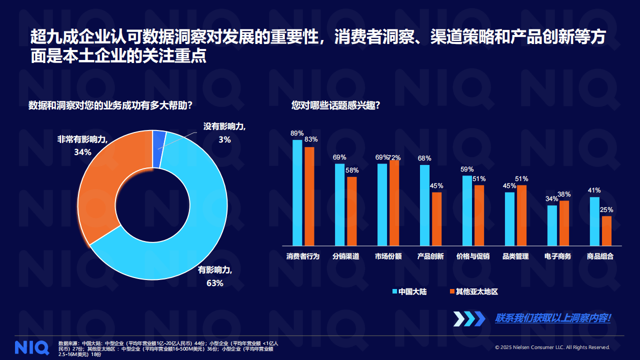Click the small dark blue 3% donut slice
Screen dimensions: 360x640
(159, 148)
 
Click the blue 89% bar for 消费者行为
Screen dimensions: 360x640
(297, 192)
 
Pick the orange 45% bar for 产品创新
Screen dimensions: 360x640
(436, 218)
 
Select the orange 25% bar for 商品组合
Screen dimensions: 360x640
(606, 230)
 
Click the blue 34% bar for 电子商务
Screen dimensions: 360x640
(552, 225)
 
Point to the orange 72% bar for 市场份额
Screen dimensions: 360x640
(394, 202)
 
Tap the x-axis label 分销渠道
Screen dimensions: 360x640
(345, 256)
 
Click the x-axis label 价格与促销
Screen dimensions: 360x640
(472, 256)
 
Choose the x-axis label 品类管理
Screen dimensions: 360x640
(515, 256)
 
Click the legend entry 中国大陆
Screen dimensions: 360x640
(409, 291)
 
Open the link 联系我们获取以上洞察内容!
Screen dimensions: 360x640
(552, 318)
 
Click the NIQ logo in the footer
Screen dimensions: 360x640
(32, 347)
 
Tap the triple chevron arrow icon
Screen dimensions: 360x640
(469, 318)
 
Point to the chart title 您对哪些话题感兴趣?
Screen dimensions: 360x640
(335, 105)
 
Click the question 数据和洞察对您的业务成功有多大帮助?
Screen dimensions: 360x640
(110, 105)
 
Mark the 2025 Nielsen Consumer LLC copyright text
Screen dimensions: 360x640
(552, 347)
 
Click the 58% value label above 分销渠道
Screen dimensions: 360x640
(352, 170)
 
